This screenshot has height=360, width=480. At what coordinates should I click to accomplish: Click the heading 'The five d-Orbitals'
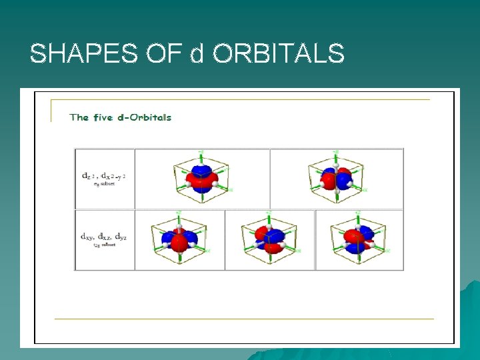pos(121,117)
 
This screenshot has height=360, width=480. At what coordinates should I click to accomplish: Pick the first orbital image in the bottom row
pos(179,239)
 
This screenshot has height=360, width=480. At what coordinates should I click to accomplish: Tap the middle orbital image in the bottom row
pos(269,239)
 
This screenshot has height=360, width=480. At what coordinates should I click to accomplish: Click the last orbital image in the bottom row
pos(359,239)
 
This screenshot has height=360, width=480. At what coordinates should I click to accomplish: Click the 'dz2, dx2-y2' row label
pos(103,176)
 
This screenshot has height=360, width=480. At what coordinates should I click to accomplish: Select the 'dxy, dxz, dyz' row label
pos(104,236)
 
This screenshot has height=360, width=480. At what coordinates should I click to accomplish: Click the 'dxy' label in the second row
pos(87,236)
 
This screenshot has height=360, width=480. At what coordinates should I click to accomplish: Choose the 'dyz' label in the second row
pos(121,236)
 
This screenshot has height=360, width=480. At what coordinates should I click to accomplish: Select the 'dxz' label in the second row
pos(104,236)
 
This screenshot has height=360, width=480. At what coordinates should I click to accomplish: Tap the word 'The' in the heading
pos(79,117)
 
